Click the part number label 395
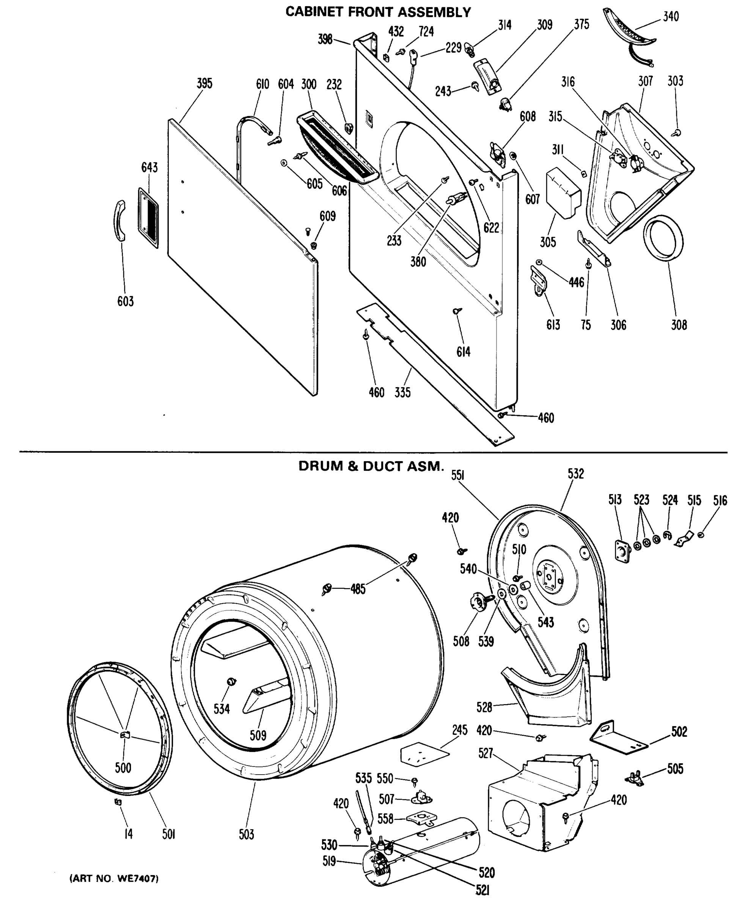[x=204, y=83]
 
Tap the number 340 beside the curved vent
[x=671, y=17]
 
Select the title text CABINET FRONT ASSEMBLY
[x=378, y=12]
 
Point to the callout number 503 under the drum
[x=246, y=835]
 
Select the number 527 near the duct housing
[x=486, y=753]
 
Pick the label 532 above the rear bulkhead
[x=575, y=474]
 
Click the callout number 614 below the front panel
[x=463, y=352]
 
